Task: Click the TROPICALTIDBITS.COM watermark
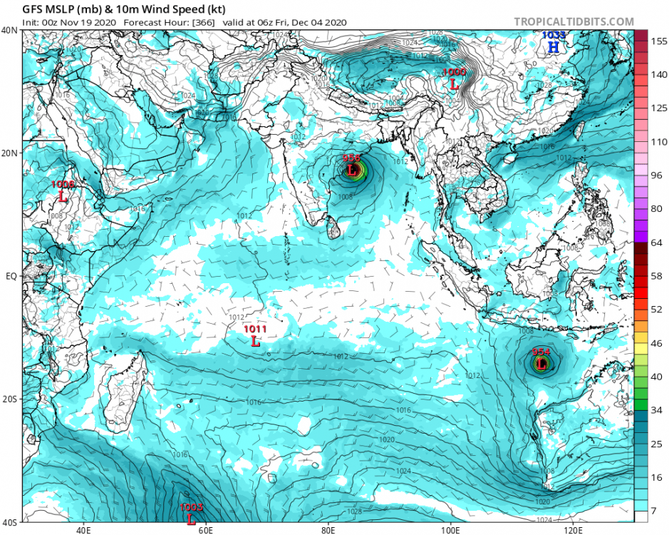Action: [x=574, y=22]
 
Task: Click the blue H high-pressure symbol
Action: [x=553, y=47]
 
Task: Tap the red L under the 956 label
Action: [x=352, y=170]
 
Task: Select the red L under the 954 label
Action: [x=541, y=364]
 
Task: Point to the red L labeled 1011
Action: [x=256, y=341]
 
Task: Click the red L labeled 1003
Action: [x=191, y=519]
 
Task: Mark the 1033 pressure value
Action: [x=554, y=34]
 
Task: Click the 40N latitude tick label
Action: [x=10, y=30]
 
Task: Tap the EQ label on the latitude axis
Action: [x=11, y=275]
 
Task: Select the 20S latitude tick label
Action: [x=10, y=399]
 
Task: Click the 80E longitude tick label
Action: [x=329, y=530]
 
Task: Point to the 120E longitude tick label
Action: [x=574, y=530]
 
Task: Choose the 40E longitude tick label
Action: [x=84, y=530]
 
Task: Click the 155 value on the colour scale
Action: [x=658, y=41]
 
